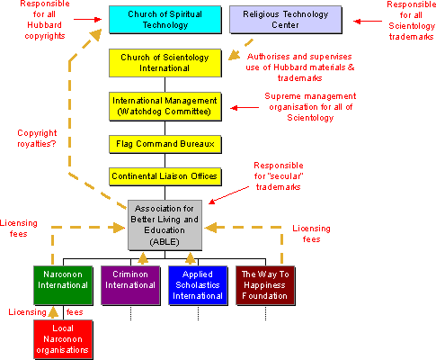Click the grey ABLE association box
pyautogui.click(x=164, y=224)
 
